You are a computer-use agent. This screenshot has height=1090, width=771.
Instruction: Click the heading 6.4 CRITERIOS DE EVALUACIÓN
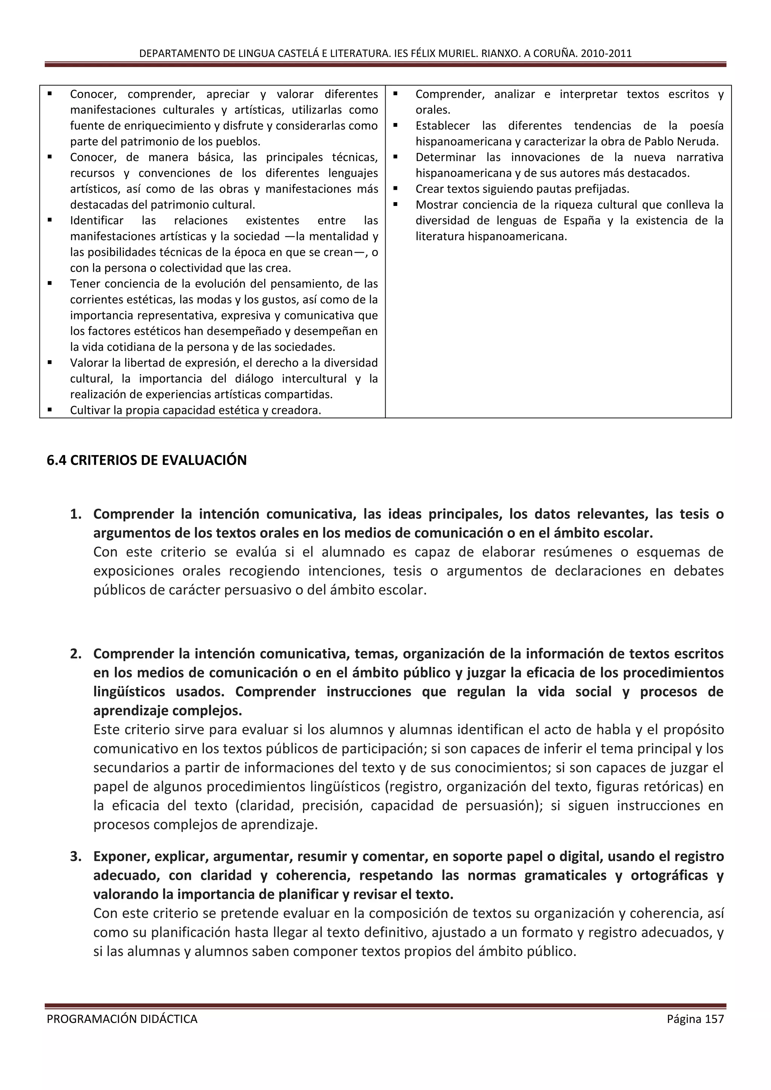[147, 460]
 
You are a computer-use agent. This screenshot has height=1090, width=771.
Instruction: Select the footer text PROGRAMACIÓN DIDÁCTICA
[122, 1019]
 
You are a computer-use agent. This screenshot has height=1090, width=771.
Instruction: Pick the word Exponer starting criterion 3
[122, 856]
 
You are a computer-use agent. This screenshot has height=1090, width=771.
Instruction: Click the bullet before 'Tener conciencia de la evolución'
[50, 283]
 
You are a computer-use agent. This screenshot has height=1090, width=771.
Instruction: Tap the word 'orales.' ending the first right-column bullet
[433, 110]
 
